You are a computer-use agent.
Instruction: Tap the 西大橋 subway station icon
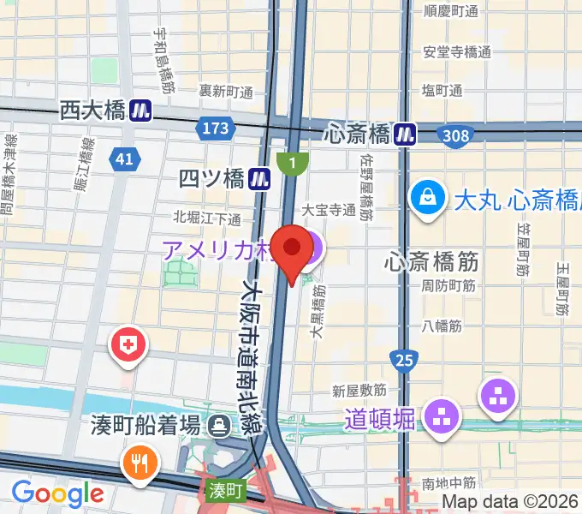141,110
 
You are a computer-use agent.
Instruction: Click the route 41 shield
125,158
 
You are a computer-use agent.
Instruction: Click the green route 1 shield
293,161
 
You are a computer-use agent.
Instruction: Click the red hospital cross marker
129,346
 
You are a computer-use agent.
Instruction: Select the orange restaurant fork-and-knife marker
140,463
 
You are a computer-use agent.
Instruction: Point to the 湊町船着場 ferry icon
221,423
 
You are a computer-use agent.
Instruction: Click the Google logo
57,493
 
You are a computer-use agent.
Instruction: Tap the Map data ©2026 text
510,502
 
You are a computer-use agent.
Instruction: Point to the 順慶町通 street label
451,11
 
